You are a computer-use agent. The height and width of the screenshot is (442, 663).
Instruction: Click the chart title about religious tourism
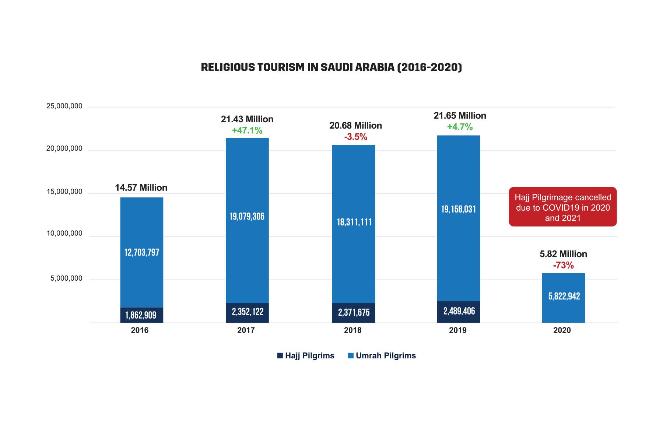(x=331, y=67)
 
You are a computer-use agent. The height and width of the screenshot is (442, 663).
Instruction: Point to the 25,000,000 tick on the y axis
(x=64, y=106)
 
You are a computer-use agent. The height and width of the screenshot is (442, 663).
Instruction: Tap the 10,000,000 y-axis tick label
(x=64, y=234)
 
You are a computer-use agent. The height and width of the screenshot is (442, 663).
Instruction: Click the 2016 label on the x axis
(x=140, y=330)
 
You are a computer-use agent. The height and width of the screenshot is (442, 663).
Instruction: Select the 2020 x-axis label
(x=562, y=330)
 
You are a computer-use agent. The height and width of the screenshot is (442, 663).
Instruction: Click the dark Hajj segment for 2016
(x=141, y=315)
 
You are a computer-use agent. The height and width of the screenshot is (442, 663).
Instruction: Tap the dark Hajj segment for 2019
(x=459, y=312)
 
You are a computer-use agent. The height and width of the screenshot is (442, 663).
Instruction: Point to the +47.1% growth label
(x=247, y=130)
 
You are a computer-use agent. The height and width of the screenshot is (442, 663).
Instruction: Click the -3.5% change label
(x=355, y=137)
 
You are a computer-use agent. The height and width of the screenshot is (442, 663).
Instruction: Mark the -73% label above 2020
(x=563, y=265)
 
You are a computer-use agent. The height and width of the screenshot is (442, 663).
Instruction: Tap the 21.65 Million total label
(x=460, y=116)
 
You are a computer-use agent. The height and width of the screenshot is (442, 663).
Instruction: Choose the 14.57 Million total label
(x=141, y=188)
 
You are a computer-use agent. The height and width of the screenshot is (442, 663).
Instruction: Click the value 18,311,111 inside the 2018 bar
(x=354, y=222)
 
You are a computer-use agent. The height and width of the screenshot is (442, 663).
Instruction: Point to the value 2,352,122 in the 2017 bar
(x=248, y=312)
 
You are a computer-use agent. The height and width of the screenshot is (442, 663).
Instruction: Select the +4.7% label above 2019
(x=460, y=127)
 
